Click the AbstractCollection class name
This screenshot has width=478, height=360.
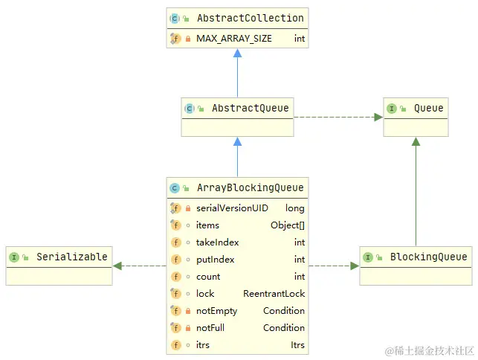(x=251, y=18)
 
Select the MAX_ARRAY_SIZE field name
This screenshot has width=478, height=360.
(x=234, y=39)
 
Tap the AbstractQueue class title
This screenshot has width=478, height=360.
(x=251, y=108)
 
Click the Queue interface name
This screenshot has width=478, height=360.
(x=428, y=108)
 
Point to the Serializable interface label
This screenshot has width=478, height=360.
(x=72, y=257)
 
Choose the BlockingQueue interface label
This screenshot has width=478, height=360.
(x=428, y=257)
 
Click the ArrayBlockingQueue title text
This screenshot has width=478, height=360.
(x=251, y=187)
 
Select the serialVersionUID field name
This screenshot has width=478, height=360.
(x=232, y=208)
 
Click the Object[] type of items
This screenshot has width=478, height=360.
(x=288, y=225)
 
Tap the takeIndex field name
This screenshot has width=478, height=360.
(x=217, y=242)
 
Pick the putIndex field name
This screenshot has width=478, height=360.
(x=216, y=260)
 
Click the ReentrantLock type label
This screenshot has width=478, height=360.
(x=274, y=294)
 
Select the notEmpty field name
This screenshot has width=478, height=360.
(x=217, y=311)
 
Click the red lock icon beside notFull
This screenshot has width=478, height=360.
(x=188, y=328)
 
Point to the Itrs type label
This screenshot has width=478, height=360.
(x=297, y=344)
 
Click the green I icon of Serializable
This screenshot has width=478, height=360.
(x=14, y=257)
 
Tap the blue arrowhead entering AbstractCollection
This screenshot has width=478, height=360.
(x=237, y=53)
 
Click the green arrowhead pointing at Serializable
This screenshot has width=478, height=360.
(x=117, y=266)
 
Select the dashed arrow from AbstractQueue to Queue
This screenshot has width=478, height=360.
(x=338, y=118)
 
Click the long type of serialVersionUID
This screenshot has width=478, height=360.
(x=295, y=208)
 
